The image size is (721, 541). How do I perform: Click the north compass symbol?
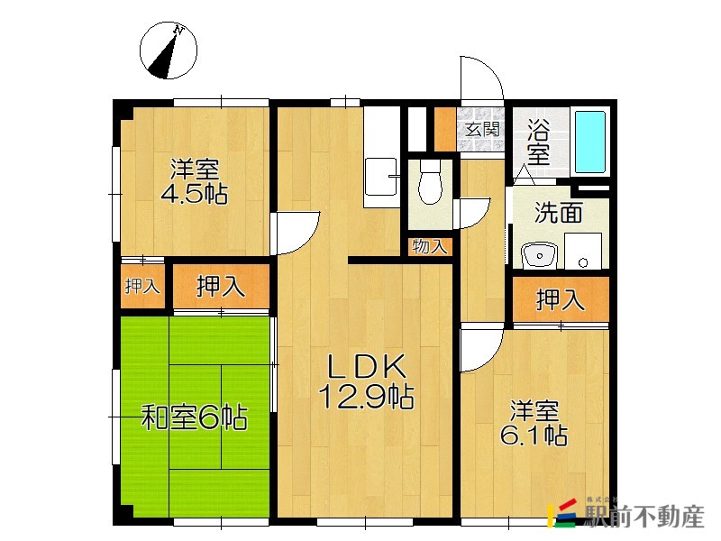(169, 50)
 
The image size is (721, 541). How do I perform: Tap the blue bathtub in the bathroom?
(590, 142)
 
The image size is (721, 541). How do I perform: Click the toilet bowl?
(430, 183)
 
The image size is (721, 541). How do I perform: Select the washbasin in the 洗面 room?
(539, 254)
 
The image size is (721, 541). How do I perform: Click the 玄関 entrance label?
(482, 130)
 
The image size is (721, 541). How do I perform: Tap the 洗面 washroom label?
(558, 213)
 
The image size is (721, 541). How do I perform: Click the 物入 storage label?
(430, 246)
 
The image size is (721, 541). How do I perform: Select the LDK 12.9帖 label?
(366, 381)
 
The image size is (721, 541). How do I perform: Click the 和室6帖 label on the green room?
(194, 417)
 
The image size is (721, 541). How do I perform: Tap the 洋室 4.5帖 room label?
(194, 181)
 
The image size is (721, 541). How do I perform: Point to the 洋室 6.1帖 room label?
(534, 423)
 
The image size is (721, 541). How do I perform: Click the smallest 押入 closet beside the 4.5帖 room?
(142, 286)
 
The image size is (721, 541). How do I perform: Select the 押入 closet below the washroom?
(561, 299)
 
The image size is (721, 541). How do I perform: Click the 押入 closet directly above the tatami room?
(221, 287)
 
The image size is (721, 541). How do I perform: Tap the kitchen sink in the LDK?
(380, 177)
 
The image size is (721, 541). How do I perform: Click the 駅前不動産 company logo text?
(644, 517)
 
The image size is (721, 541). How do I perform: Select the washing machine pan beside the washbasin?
(583, 251)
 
